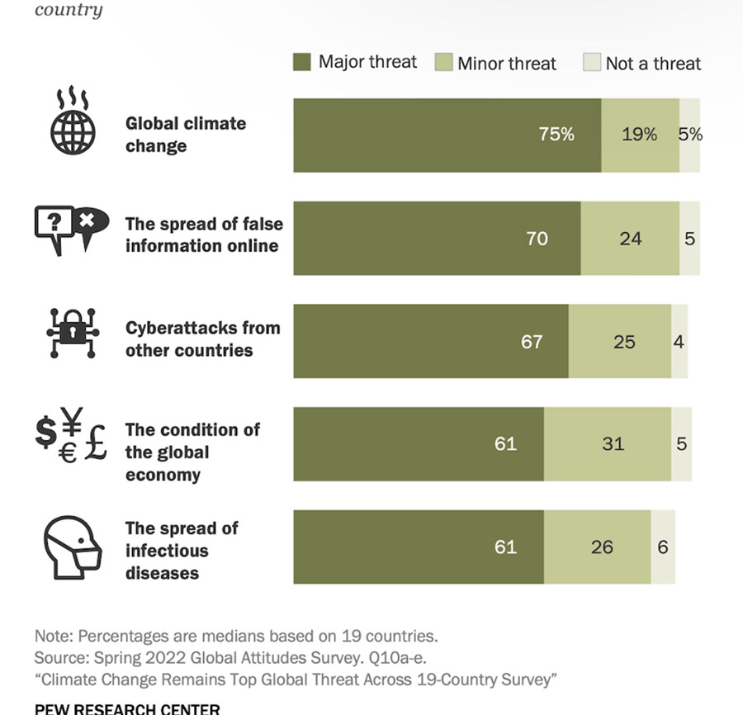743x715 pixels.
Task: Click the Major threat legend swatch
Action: (302, 62)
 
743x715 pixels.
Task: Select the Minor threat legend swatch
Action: (444, 63)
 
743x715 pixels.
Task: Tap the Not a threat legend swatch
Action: (592, 63)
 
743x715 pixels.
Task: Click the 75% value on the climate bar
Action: (556, 135)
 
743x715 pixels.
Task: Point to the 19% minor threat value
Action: (639, 135)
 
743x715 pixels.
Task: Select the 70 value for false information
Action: (537, 238)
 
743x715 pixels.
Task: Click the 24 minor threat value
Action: (630, 238)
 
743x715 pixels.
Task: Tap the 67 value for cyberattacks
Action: (532, 341)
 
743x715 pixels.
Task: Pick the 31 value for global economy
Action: (613, 443)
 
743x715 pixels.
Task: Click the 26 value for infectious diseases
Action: (602, 547)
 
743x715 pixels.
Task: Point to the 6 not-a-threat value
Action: (663, 547)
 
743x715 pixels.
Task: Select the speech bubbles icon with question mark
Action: (72, 229)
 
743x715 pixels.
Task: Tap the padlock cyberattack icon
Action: (72, 332)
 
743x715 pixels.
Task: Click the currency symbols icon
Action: (72, 437)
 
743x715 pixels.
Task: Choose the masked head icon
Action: (72, 546)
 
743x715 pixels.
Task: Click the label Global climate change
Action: (186, 135)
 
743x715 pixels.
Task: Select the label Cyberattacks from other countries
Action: (202, 339)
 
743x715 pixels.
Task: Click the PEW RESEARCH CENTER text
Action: (127, 708)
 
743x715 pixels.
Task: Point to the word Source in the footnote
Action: (56, 658)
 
